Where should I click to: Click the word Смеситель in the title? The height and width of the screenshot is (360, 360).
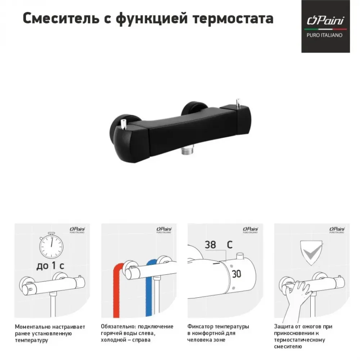click(x=61, y=18)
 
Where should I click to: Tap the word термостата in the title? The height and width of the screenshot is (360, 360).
click(x=233, y=19)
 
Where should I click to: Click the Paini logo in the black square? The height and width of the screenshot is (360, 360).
click(x=325, y=21)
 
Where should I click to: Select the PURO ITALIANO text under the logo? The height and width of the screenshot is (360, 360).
click(x=324, y=35)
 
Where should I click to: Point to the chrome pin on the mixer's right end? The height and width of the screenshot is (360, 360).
click(x=238, y=104)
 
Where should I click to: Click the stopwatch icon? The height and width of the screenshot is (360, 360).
click(x=51, y=245)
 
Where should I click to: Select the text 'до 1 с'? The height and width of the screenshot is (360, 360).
click(x=50, y=266)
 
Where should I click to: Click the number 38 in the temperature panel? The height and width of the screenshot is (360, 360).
click(x=210, y=245)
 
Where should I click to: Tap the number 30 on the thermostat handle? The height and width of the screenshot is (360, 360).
click(x=236, y=274)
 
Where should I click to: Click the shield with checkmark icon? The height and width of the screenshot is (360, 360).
click(x=311, y=253)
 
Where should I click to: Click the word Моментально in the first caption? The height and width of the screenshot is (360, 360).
click(x=32, y=327)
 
